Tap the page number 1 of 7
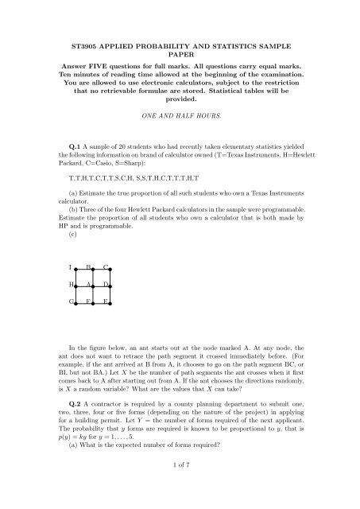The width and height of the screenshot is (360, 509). tap(180, 497)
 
